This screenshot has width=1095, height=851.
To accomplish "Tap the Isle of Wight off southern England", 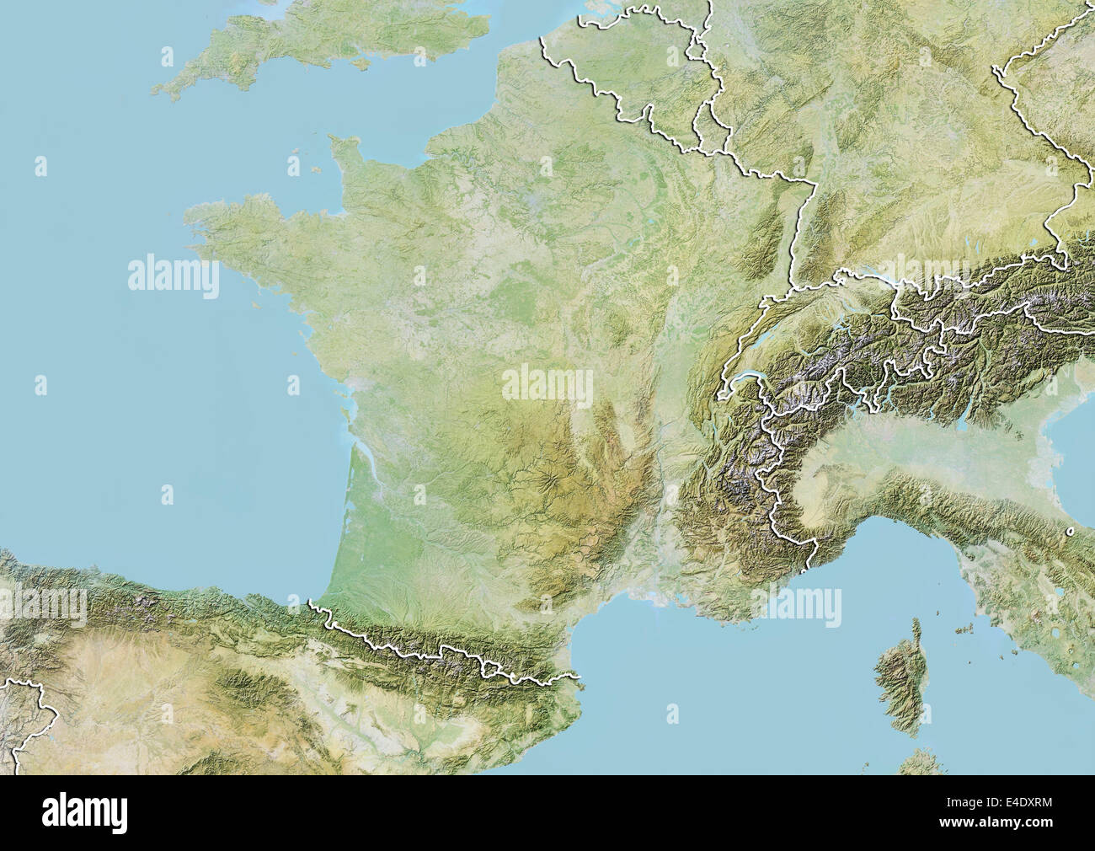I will [x=364, y=63].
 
